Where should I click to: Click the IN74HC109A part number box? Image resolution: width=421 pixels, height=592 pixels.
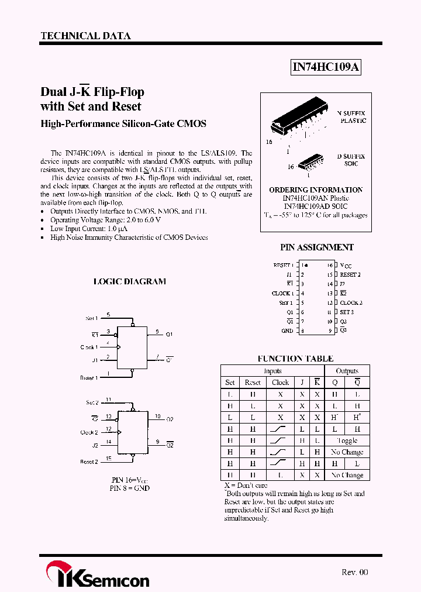326,68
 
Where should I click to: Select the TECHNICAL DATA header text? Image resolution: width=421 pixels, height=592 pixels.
85,36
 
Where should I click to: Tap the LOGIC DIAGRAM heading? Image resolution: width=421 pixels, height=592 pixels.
130,281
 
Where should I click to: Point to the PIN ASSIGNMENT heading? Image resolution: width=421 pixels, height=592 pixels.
316,247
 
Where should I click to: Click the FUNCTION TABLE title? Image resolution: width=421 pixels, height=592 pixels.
295,359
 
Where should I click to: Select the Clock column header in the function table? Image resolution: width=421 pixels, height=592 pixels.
280,383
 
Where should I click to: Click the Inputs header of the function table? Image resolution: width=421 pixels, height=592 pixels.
272,371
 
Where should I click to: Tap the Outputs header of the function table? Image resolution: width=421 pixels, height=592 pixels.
347,371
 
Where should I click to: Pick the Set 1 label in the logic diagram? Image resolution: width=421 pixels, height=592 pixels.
91,318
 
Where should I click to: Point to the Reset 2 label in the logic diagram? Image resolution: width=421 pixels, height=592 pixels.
89,462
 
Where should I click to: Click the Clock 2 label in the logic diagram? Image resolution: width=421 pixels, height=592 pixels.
89,433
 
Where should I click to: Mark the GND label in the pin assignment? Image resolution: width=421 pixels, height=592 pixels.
287,331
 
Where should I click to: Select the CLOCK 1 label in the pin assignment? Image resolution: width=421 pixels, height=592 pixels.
282,293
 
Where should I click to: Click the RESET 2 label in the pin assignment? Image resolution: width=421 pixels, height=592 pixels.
350,274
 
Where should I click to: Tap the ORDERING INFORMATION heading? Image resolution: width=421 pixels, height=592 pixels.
316,190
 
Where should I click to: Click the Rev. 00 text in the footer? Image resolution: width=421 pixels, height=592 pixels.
355,572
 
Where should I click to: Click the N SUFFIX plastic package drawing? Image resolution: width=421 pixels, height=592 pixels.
298,122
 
